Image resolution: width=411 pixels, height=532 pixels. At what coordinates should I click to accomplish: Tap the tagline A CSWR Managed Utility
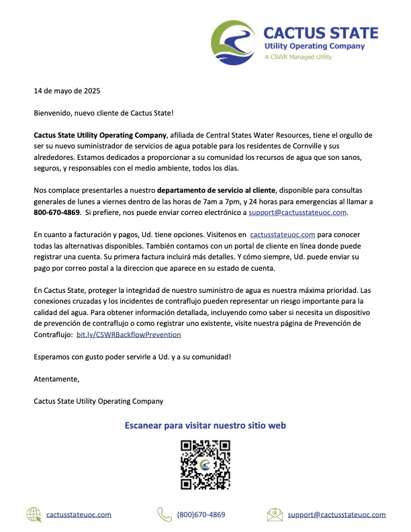pyautogui.click(x=298, y=57)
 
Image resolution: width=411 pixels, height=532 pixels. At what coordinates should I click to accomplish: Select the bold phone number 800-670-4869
pyautogui.click(x=57, y=212)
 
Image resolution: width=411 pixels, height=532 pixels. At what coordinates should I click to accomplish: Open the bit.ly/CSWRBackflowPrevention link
pyautogui.click(x=129, y=334)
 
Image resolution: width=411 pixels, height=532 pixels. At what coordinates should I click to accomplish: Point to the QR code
pyautogui.click(x=206, y=465)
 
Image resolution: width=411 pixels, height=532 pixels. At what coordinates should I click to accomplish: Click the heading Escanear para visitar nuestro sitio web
pyautogui.click(x=205, y=425)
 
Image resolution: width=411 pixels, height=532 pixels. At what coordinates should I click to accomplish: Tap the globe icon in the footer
pyautogui.click(x=34, y=515)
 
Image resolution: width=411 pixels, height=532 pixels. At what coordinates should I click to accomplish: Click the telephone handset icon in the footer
pyautogui.click(x=165, y=515)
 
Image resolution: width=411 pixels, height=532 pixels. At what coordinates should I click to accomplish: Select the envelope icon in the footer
pyautogui.click(x=274, y=515)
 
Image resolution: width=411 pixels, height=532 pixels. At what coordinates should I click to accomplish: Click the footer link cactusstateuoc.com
pyautogui.click(x=79, y=515)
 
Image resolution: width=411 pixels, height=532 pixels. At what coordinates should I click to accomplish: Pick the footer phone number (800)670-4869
pyautogui.click(x=201, y=515)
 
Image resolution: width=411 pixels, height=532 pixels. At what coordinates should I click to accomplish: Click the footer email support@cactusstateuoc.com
pyautogui.click(x=336, y=515)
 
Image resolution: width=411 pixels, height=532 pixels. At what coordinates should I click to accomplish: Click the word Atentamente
pyautogui.click(x=56, y=379)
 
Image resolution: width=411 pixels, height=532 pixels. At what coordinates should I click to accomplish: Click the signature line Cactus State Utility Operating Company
pyautogui.click(x=98, y=401)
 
